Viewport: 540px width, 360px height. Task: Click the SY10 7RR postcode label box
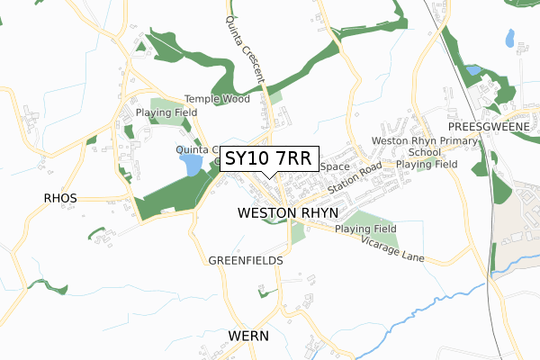tap(267, 158)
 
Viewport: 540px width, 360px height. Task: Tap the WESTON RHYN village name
tap(288, 212)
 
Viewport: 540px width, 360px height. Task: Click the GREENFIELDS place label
tap(246, 260)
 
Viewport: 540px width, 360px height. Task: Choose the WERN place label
tap(249, 335)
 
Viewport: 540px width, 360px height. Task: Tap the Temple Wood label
tap(217, 99)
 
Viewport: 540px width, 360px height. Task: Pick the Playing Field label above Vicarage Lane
tap(365, 229)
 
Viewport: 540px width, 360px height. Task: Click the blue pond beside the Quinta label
tap(191, 165)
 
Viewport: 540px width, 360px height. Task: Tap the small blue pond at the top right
tap(510, 38)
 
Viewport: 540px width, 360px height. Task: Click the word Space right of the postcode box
tap(334, 166)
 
